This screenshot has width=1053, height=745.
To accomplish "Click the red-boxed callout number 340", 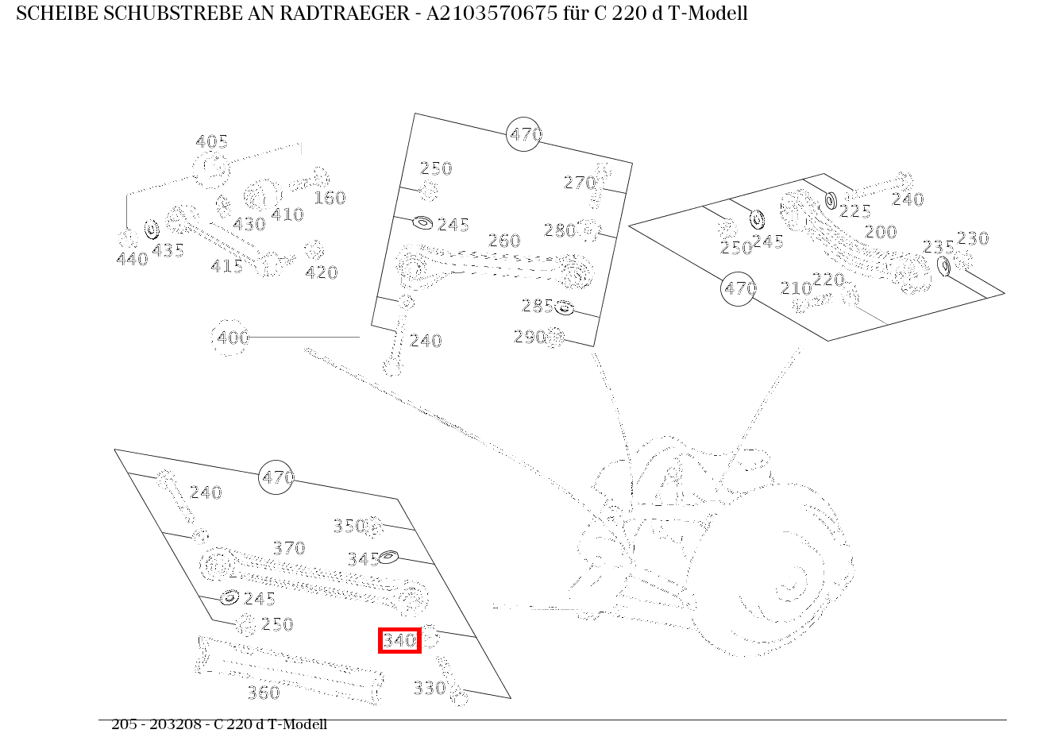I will [x=399, y=640].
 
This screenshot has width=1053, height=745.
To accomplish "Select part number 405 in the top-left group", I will [x=211, y=142].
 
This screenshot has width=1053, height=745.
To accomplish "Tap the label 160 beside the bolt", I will [x=330, y=198].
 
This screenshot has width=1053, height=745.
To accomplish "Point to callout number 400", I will [x=233, y=338].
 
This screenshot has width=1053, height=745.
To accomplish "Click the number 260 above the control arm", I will [x=503, y=241].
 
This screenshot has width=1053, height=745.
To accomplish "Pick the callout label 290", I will [x=529, y=337].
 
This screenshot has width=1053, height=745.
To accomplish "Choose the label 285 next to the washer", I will [x=537, y=306].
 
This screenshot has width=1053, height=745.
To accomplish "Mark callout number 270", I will [x=579, y=183].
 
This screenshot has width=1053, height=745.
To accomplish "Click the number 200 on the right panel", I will [x=880, y=232].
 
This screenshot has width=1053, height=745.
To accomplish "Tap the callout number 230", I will [x=972, y=238].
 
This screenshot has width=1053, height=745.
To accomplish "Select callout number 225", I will [x=854, y=211].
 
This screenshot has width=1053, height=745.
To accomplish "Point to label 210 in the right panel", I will [x=796, y=288].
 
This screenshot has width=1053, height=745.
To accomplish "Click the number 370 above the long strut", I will [x=288, y=548].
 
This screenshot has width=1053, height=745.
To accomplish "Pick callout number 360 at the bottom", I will [x=263, y=693].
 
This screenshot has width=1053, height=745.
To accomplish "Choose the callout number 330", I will [x=429, y=688].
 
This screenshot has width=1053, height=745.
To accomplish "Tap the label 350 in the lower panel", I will [x=349, y=526].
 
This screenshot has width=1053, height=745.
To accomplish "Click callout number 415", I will [x=226, y=266].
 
